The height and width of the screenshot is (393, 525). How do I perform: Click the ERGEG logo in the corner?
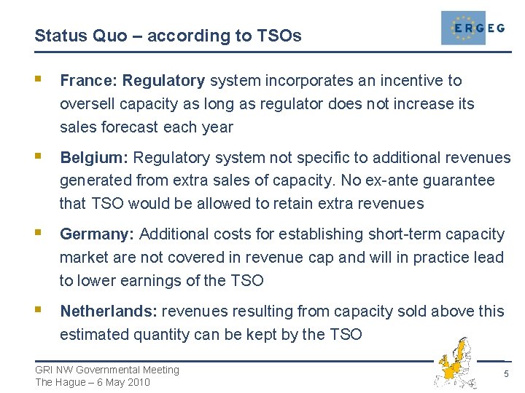[x=473, y=28]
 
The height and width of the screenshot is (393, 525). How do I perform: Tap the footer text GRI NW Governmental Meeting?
[x=107, y=370]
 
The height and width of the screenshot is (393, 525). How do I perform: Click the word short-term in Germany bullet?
[x=405, y=234]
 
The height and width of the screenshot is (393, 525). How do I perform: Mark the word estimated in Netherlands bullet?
[x=94, y=335]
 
